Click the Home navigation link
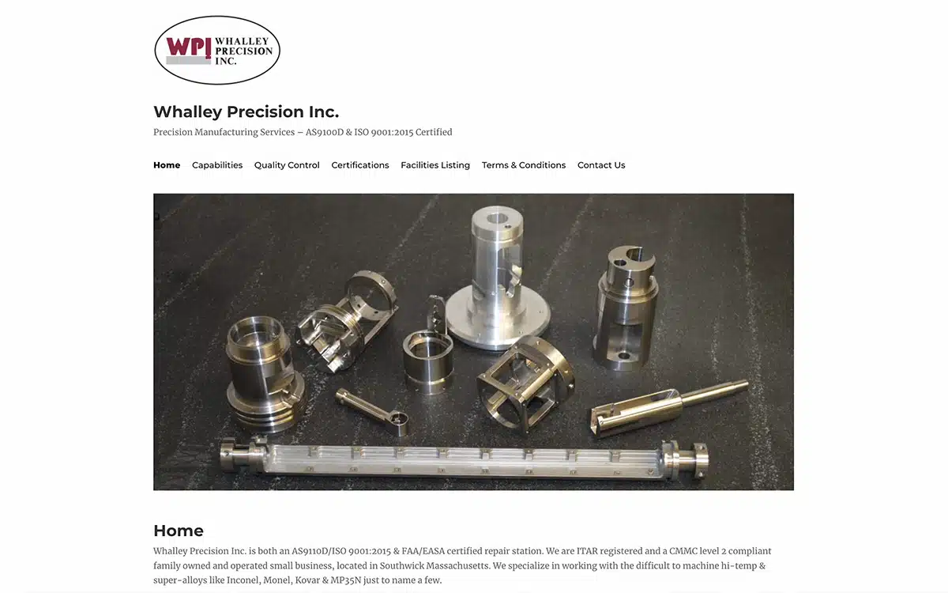pos(167,165)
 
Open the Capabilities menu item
pos(217,165)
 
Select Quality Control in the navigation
pos(287,165)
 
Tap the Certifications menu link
pos(359,165)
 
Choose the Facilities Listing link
pos(435,165)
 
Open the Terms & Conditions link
pos(524,165)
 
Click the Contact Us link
pos(601,165)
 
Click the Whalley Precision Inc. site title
pos(246,111)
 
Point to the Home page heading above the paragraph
pos(179,531)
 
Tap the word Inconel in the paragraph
pos(243,580)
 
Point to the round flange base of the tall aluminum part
pos(497,324)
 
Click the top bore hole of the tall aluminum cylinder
pos(497,219)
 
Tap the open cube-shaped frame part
pos(525,387)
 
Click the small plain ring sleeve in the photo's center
pos(428,363)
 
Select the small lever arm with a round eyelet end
pos(373,412)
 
